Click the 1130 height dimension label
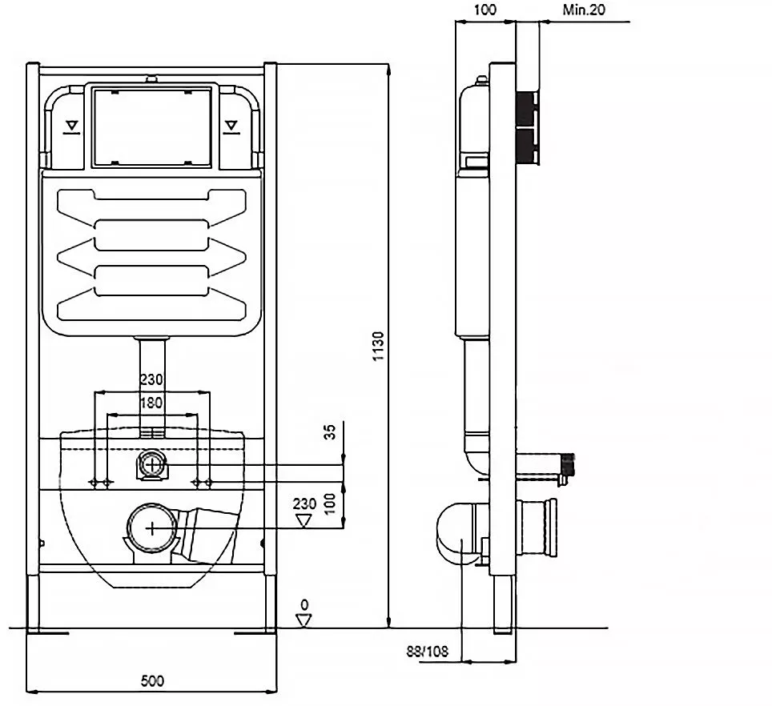(x=378, y=347)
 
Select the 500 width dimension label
(x=152, y=681)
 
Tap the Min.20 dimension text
(x=584, y=10)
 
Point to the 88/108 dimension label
(x=428, y=652)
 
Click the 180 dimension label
(x=151, y=403)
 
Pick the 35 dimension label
(x=330, y=431)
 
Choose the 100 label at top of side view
(x=485, y=10)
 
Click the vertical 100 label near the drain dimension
(x=330, y=503)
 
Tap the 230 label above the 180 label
(x=151, y=379)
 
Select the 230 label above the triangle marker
(x=304, y=503)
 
